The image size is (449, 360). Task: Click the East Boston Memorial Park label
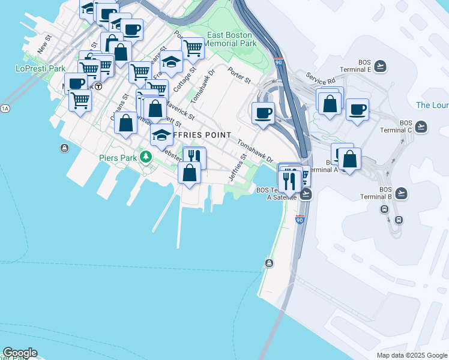(x=231, y=39)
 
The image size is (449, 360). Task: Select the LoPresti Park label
(x=40, y=68)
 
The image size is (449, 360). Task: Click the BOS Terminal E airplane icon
(x=380, y=66)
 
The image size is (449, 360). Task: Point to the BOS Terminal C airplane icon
(x=421, y=127)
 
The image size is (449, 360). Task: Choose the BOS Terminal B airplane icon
(x=402, y=193)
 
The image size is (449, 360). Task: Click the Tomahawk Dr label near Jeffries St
(x=255, y=152)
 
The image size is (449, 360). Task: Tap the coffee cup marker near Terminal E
(x=357, y=110)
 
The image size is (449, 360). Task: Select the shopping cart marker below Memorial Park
(x=193, y=47)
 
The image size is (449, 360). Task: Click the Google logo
(x=20, y=353)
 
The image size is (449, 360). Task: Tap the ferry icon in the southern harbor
(x=269, y=263)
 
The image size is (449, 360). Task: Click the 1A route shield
(x=5, y=108)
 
